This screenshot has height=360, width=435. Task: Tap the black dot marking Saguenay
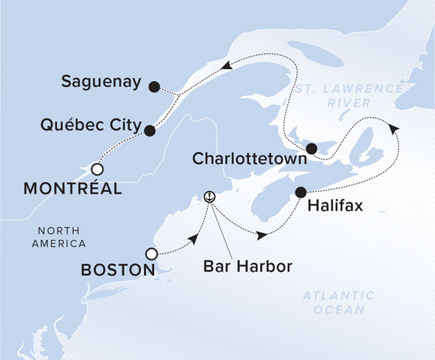point(154,86)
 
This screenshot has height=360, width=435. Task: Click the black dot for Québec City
point(149,130)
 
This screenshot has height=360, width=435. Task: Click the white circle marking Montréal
point(97,168)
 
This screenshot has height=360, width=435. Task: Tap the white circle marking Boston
point(151,253)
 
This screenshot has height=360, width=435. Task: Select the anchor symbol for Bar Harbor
point(210,196)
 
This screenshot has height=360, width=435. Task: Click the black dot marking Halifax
point(301,191)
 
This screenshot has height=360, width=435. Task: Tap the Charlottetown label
point(249,160)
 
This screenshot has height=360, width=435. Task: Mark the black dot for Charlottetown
point(311,148)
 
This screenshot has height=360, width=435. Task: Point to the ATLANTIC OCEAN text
point(339,302)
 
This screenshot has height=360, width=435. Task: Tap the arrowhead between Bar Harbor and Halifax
point(261,235)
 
